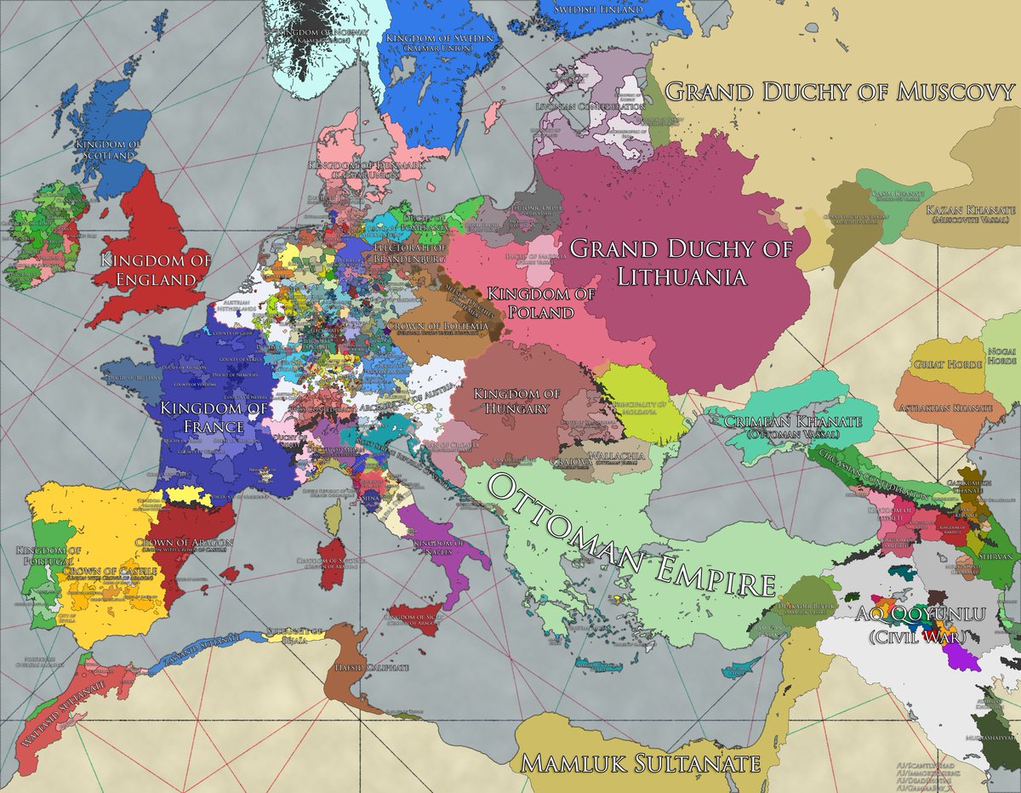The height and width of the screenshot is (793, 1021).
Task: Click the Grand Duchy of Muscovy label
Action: [x=841, y=92]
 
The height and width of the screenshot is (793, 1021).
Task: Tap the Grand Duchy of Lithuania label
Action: [x=681, y=262]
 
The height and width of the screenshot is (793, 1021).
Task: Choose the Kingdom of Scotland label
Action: [x=106, y=151]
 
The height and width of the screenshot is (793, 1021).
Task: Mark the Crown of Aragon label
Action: [x=184, y=542]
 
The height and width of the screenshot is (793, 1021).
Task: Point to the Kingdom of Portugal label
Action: [x=48, y=557]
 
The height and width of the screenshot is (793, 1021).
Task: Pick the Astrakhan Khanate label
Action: [x=944, y=408]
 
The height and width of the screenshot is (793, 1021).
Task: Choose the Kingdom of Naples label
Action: [x=437, y=548]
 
